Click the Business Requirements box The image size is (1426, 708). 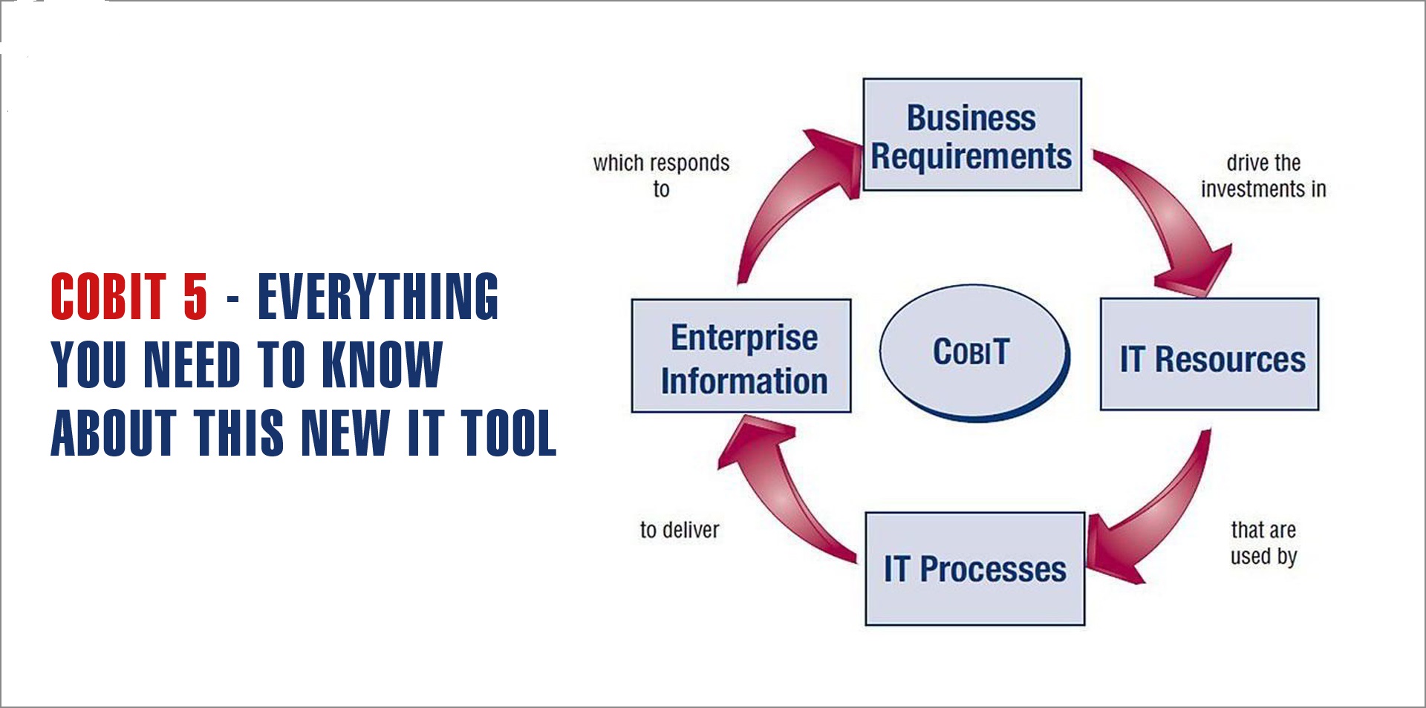point(971,135)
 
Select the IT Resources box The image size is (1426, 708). point(1209,355)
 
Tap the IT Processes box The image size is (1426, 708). point(974,569)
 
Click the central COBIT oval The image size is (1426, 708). point(973,352)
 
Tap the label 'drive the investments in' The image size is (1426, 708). point(1263,176)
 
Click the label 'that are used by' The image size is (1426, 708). point(1263,543)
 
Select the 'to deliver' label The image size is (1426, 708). point(680,530)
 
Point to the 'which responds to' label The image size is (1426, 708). point(661,176)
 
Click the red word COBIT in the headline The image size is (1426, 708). point(108,297)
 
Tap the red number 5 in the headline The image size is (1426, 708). point(195,297)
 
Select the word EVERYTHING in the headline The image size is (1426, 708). point(378,297)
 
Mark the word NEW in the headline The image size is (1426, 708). point(345,433)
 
